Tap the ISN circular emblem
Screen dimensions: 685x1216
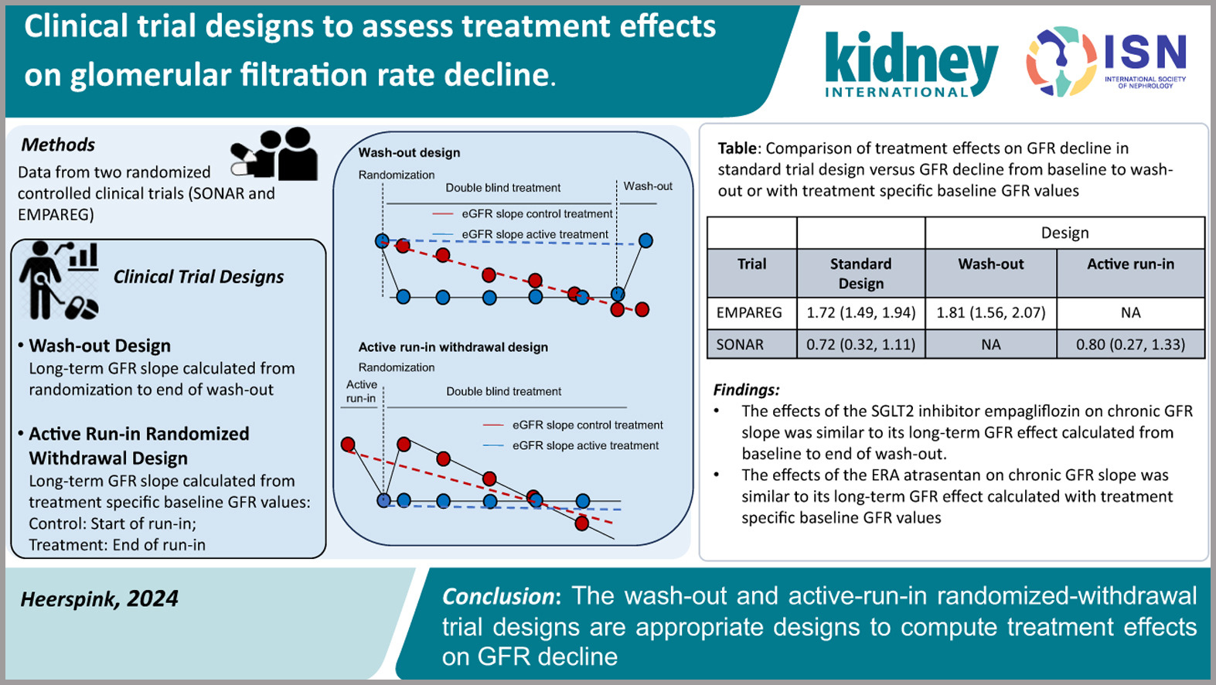coord(1061,61)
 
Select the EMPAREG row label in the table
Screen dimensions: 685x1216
coord(749,312)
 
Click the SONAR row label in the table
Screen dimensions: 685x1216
coord(740,344)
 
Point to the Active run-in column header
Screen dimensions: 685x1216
coord(1130,264)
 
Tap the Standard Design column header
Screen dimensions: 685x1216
coord(860,273)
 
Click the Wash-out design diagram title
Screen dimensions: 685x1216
coord(409,152)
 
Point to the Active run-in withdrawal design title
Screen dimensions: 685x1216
coord(453,347)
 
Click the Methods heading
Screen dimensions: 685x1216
coord(58,145)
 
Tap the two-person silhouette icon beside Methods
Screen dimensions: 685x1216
coord(275,154)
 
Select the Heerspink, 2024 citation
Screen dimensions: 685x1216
coord(99,598)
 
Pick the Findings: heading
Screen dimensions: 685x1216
coord(746,390)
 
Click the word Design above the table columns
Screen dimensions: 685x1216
coord(1064,233)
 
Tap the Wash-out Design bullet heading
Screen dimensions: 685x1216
coord(100,346)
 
